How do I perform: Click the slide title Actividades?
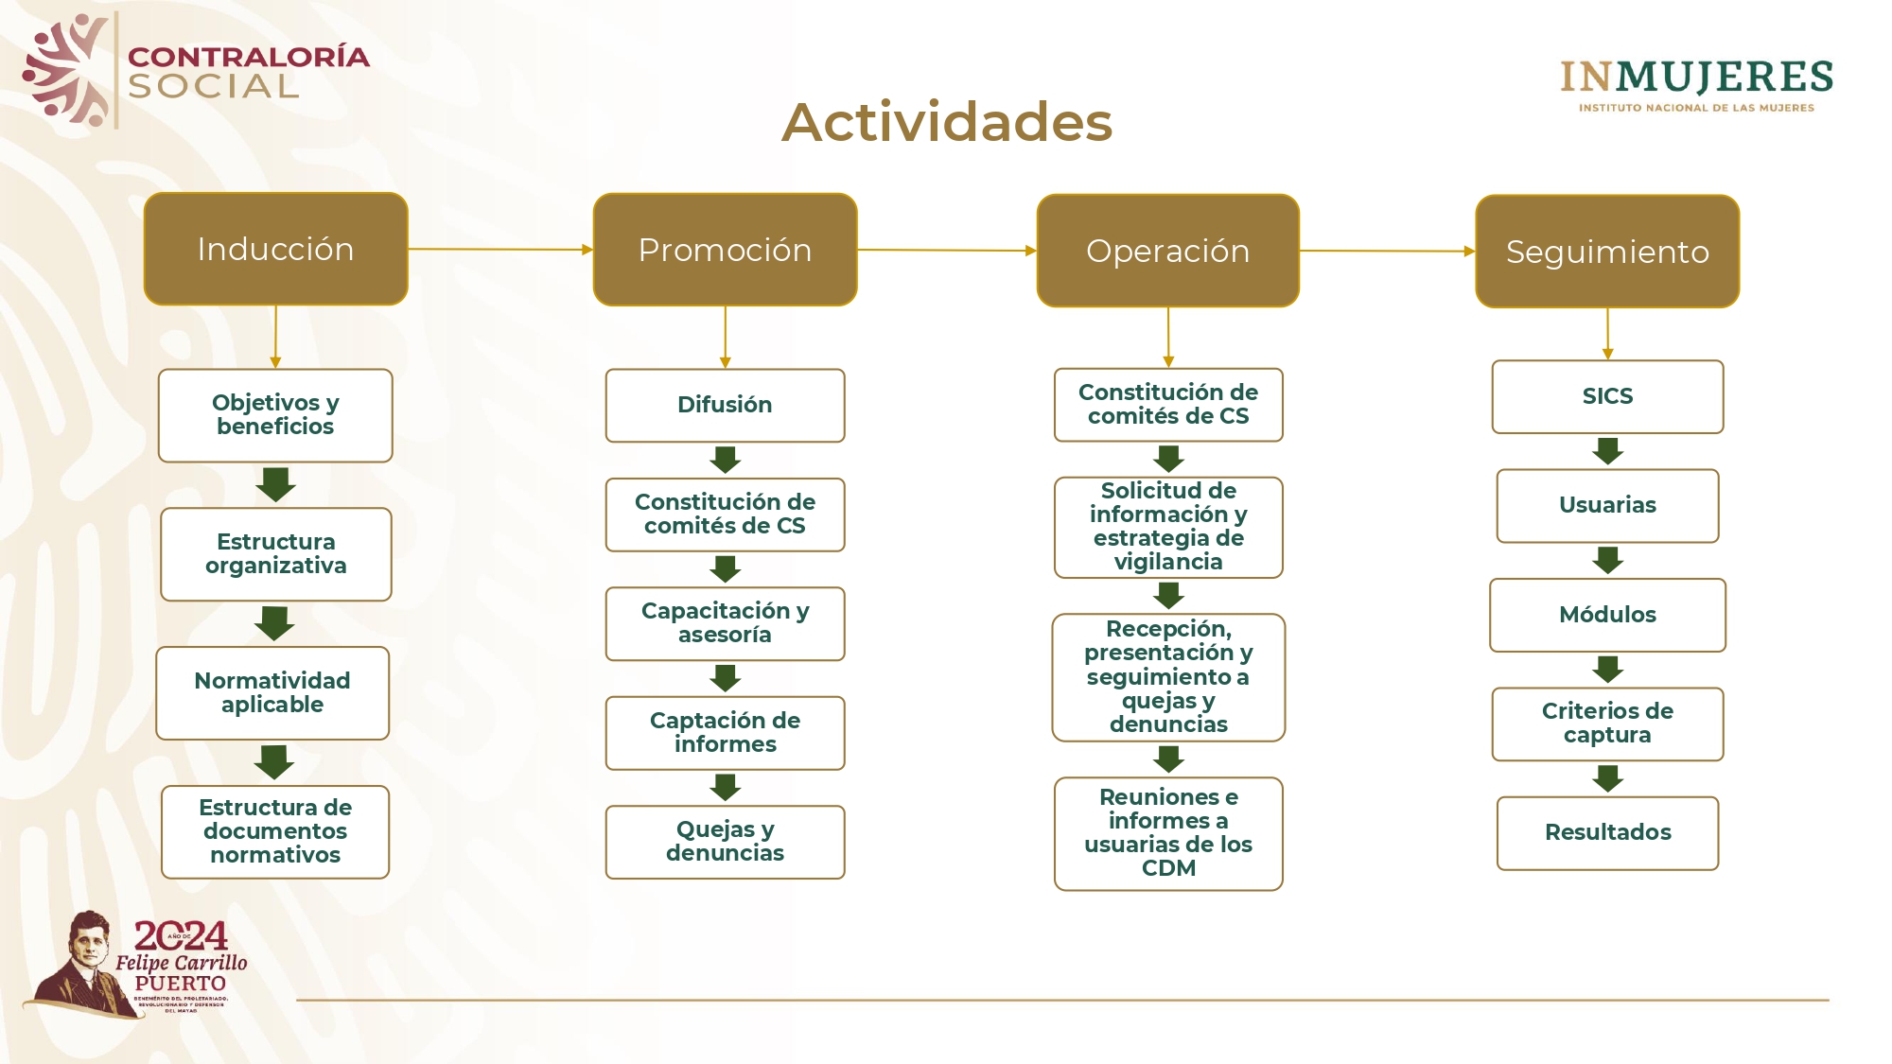[x=947, y=122]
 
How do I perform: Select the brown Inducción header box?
[x=275, y=249]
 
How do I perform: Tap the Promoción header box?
[x=725, y=250]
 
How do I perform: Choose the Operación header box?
[x=1167, y=251]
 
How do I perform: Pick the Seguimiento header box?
[x=1607, y=252]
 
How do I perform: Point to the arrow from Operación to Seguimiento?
[x=1387, y=251]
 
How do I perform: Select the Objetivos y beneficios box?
[x=275, y=415]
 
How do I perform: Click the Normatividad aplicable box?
[x=272, y=692]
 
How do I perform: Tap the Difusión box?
[x=725, y=405]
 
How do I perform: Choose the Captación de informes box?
[x=725, y=733]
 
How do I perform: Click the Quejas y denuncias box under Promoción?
[x=725, y=842]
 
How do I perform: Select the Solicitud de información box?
[x=1168, y=527]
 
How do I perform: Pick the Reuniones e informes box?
[x=1168, y=833]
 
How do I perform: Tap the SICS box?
[x=1607, y=396]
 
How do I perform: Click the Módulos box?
[x=1607, y=615]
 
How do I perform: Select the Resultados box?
[x=1607, y=832]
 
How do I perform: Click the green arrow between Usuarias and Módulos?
[x=1607, y=560]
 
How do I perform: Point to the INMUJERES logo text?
[x=1696, y=78]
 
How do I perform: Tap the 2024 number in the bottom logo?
[x=181, y=935]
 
